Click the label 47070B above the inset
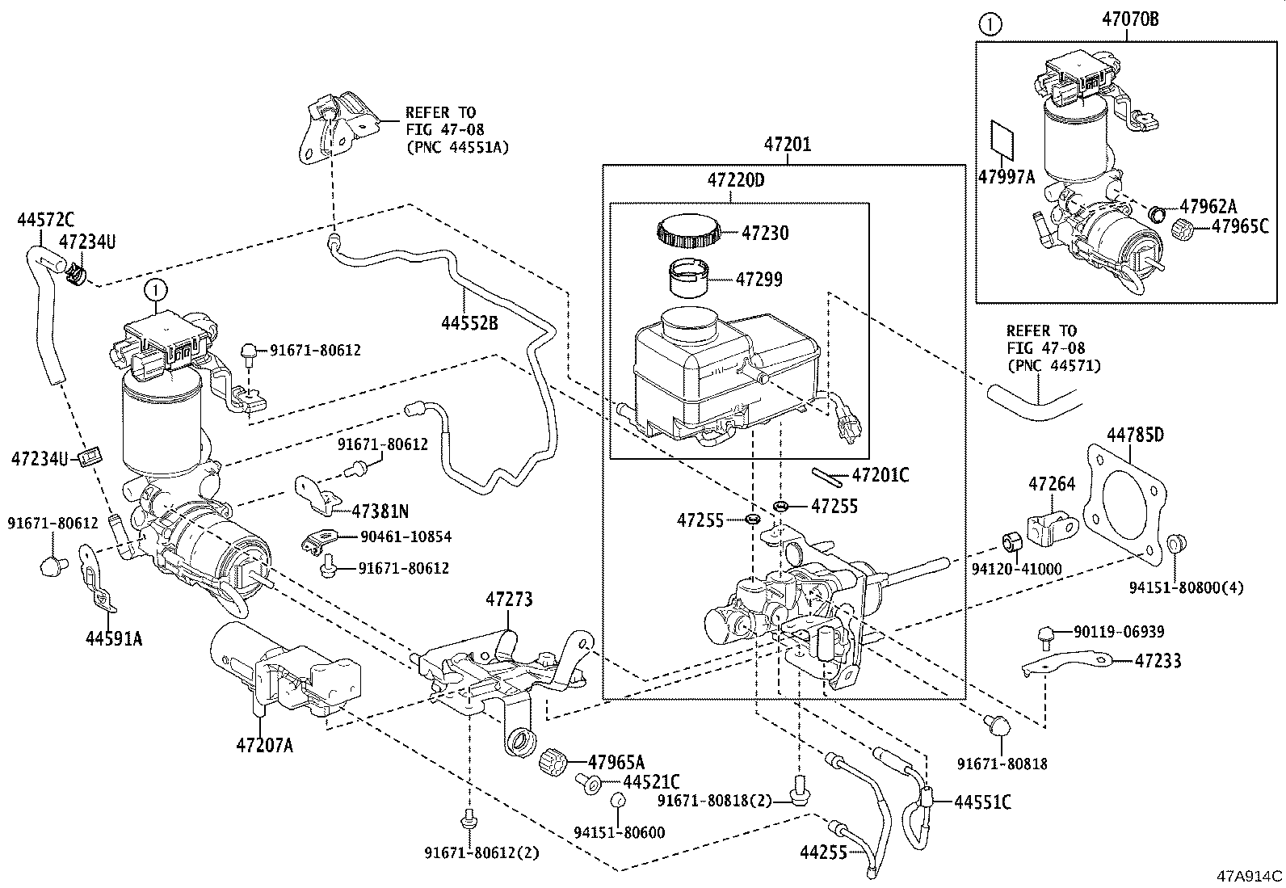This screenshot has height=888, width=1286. tap(1129, 19)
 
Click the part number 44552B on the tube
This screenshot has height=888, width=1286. tap(469, 322)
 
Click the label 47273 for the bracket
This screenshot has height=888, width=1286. tap(509, 600)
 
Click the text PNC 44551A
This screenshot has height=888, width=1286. tap(456, 147)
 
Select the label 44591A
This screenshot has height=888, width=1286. tap(113, 638)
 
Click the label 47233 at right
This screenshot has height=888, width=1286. tap(1157, 660)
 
